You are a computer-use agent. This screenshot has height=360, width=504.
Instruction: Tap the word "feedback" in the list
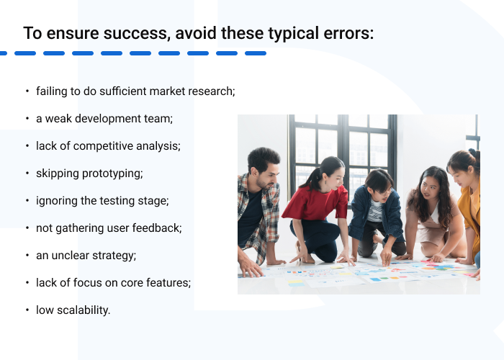coord(158,228)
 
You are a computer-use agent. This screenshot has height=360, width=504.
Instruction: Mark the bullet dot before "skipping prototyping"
coord(27,174)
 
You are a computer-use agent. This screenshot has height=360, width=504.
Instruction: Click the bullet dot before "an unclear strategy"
coord(27,256)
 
